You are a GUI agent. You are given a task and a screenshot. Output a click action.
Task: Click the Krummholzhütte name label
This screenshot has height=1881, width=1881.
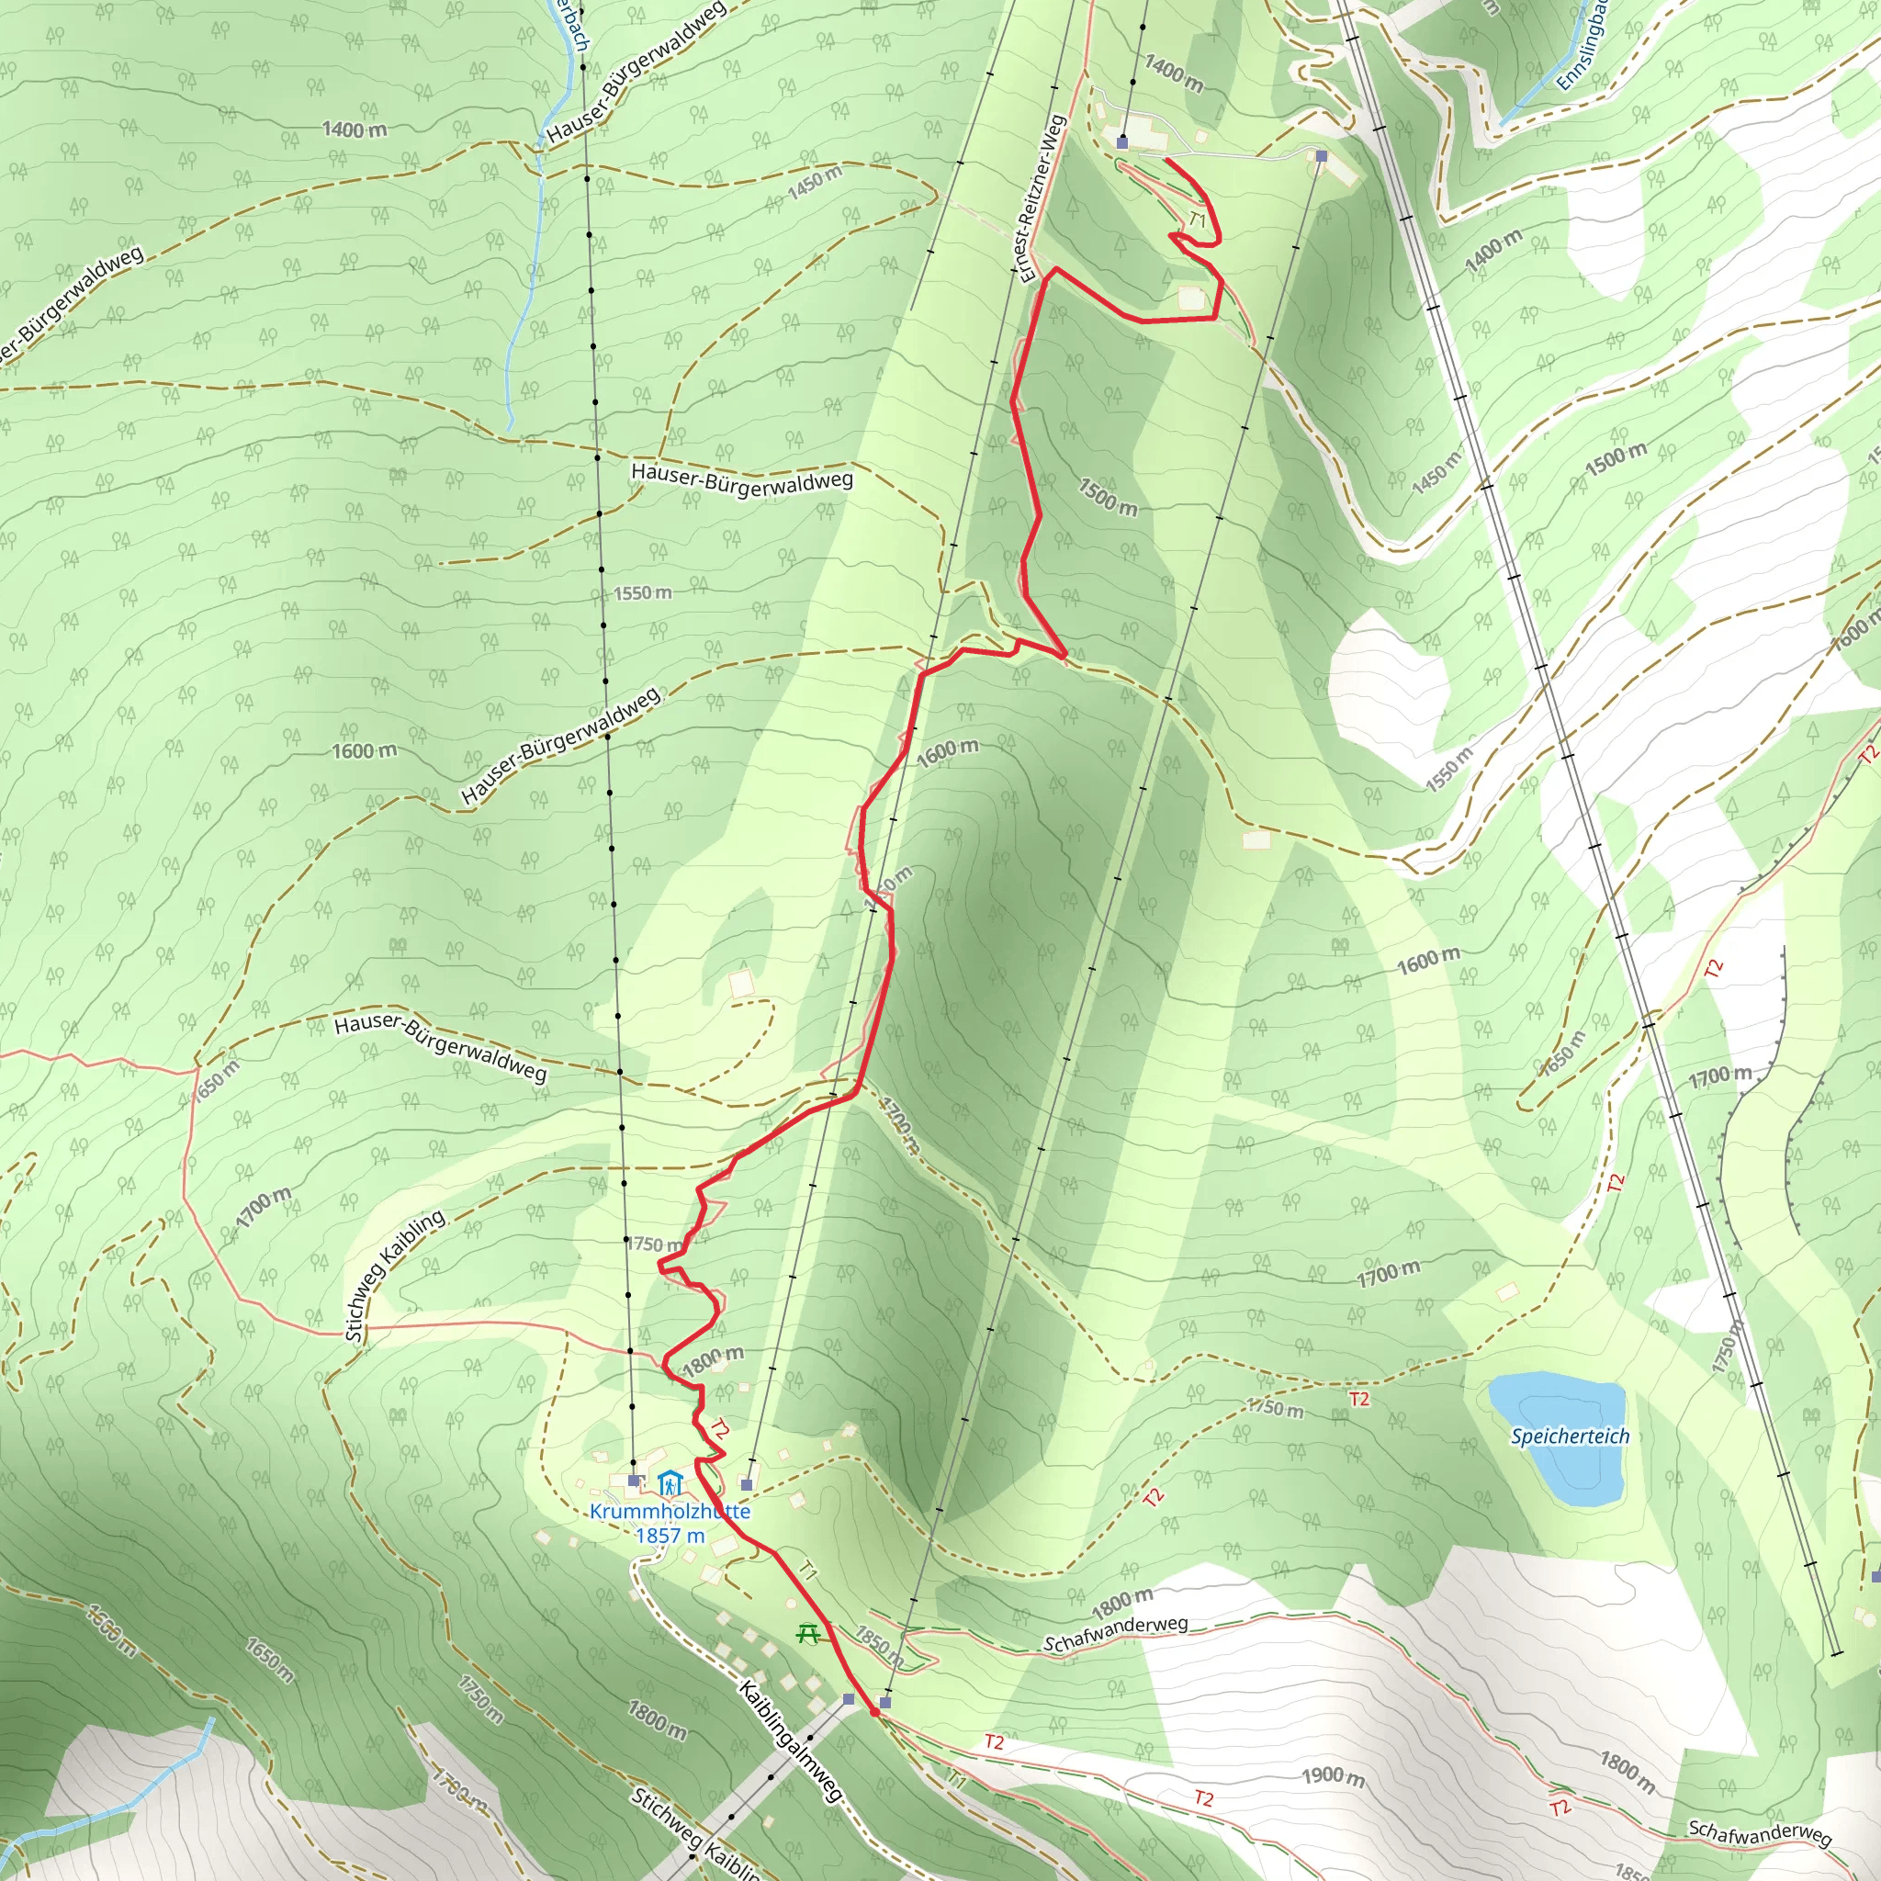[670, 1511]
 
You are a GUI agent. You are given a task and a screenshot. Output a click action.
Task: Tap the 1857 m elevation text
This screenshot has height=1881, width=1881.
[670, 1536]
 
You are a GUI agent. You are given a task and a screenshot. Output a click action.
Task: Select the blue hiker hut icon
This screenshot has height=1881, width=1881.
[668, 1484]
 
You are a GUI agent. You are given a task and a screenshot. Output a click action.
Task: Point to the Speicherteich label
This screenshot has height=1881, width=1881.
[1570, 1436]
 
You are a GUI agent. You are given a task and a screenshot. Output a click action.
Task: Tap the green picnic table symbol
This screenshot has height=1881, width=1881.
[807, 1633]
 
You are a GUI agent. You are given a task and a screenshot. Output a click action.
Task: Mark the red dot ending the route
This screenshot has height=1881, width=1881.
[874, 1712]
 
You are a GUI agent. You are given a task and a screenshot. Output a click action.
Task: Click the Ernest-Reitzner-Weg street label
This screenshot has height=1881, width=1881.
[1042, 198]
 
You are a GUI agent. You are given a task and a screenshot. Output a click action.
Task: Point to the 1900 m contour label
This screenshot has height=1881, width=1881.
[1333, 1777]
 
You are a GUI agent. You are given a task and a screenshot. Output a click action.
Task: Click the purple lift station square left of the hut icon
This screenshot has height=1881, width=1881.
[634, 1480]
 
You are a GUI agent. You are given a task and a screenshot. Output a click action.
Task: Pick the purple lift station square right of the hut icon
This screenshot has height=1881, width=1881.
[747, 1485]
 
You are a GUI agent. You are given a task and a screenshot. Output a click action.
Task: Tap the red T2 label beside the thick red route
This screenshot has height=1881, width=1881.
[718, 1429]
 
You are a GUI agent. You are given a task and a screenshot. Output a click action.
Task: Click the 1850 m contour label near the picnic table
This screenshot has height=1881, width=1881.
[879, 1643]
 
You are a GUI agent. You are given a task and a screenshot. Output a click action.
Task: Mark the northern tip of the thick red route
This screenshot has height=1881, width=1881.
[1166, 159]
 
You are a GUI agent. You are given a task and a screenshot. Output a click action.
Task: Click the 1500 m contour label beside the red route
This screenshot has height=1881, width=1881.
[1107, 497]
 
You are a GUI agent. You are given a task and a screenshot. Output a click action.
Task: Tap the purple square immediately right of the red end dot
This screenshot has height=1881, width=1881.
[885, 1703]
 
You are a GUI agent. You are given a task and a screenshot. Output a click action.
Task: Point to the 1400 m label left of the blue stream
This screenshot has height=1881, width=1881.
[355, 129]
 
